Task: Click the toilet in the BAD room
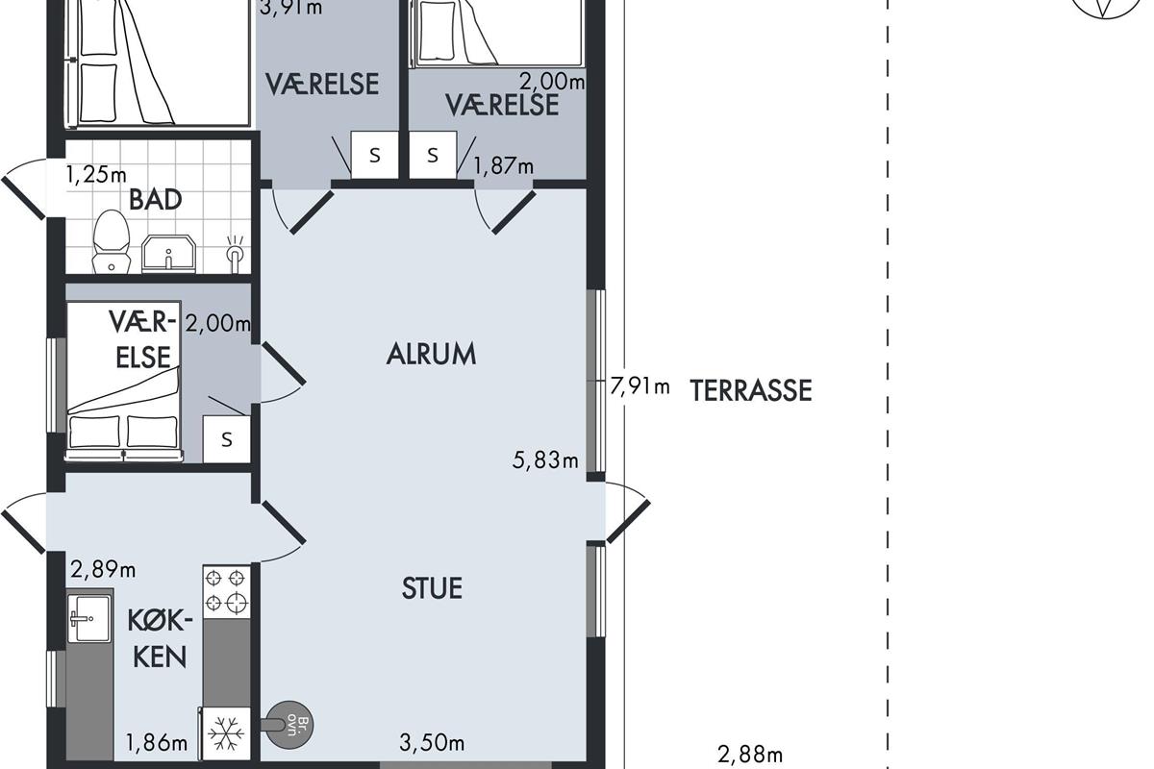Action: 111,241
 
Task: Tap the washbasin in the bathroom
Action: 168,254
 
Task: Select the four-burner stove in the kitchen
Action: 227,592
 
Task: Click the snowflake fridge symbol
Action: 227,732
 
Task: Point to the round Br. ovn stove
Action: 289,725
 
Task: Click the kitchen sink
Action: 89,619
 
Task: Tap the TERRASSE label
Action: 751,390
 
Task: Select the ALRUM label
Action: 431,355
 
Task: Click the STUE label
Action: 432,588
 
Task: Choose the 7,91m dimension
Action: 640,385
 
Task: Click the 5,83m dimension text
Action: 545,459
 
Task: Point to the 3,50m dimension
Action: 432,742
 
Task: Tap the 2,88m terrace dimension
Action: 750,755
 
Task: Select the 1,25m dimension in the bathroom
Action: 96,175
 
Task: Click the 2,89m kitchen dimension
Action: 103,570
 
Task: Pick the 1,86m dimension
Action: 157,742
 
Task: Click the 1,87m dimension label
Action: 503,166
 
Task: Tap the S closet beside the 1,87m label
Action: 433,155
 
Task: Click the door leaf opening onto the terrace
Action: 629,521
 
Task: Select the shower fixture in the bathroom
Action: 235,254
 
